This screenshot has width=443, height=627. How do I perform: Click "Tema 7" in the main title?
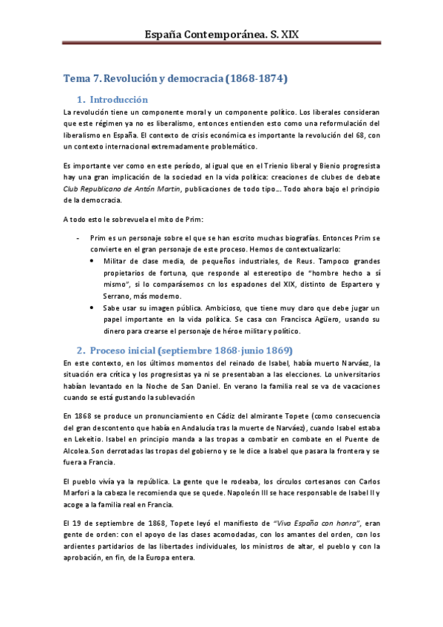[81, 78]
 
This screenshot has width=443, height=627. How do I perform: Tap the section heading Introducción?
[118, 99]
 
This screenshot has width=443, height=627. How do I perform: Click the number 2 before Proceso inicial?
[81, 349]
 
